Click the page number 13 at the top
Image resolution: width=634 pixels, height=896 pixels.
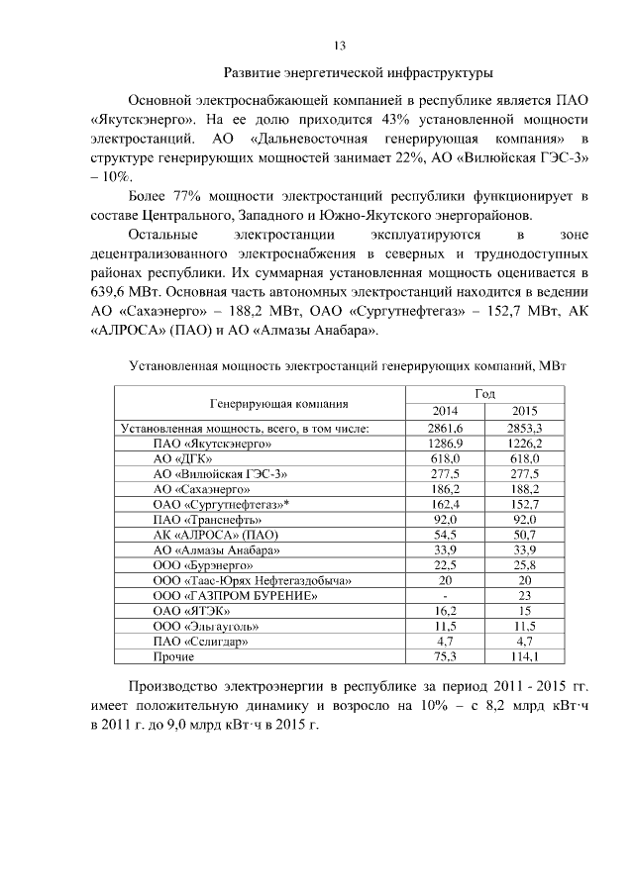[x=338, y=47]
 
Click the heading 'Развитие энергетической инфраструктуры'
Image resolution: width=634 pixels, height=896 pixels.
[x=358, y=73]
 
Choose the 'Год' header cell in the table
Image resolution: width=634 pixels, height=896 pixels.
[x=484, y=393]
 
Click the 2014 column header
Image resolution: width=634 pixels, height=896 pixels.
[x=446, y=411]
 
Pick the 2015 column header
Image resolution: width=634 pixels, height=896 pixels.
[x=524, y=411]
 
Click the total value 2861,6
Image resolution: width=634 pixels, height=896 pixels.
[x=446, y=428]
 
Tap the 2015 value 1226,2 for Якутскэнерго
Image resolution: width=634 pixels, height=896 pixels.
[x=524, y=444]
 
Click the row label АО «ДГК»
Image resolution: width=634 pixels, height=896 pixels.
[x=180, y=458]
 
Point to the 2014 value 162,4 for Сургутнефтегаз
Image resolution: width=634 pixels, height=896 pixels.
[x=446, y=504]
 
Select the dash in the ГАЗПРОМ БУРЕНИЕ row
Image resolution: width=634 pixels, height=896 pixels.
[x=446, y=595]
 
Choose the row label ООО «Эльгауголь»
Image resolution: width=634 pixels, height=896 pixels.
[x=205, y=626]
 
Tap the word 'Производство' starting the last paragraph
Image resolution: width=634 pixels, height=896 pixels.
[x=174, y=689]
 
